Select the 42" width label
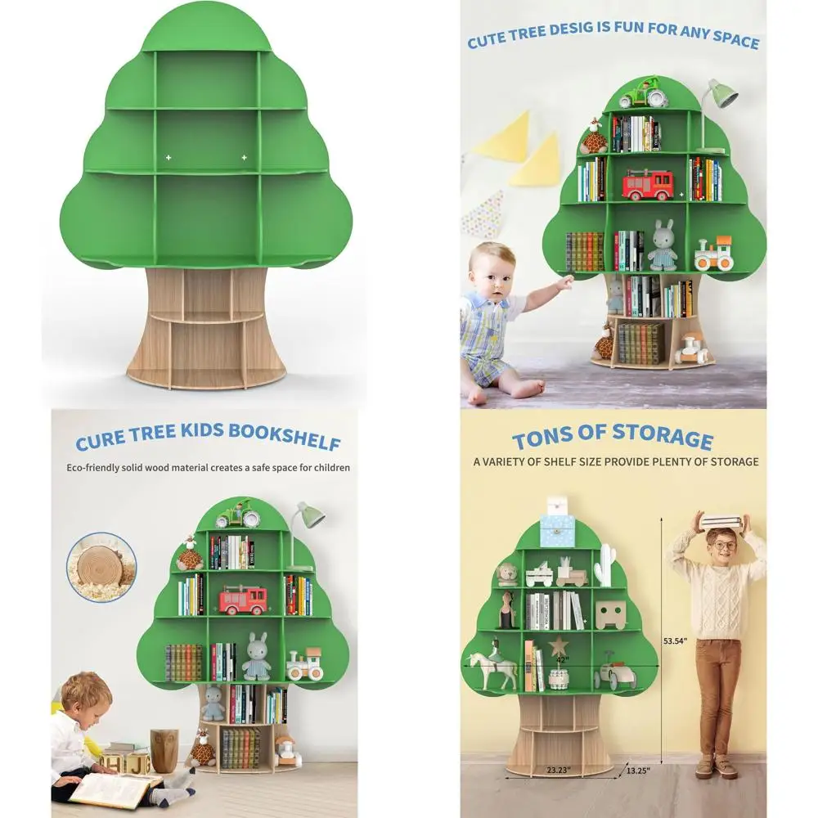tap(562, 658)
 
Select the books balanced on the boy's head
tap(721, 520)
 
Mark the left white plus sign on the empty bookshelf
tap(169, 156)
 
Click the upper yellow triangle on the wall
tap(502, 135)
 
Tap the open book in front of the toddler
tap(115, 790)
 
